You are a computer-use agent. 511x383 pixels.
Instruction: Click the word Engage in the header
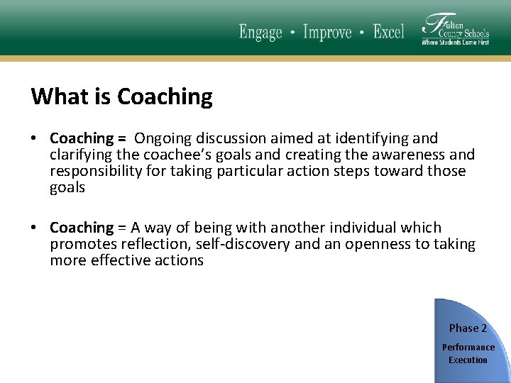tap(260, 33)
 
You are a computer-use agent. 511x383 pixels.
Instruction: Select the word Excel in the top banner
tap(388, 32)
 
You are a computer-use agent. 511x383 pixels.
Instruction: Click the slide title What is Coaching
tap(121, 96)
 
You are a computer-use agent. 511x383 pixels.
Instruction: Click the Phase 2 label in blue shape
tap(468, 328)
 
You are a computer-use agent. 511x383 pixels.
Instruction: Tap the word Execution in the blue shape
tap(468, 360)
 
